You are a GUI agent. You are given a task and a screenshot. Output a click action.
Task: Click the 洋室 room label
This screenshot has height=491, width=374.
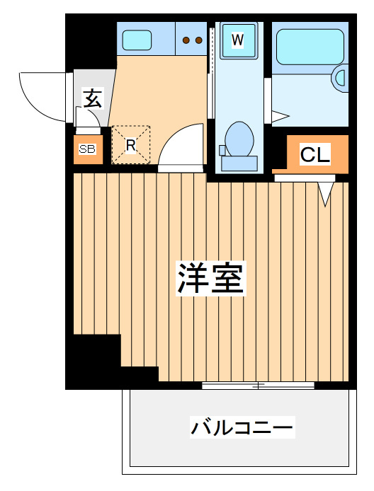(210, 278)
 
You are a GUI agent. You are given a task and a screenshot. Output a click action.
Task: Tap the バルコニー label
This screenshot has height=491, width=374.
(242, 427)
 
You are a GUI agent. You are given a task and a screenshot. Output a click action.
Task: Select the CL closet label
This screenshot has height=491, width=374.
(314, 154)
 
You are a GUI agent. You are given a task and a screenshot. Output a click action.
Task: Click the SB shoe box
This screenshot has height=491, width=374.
(88, 149)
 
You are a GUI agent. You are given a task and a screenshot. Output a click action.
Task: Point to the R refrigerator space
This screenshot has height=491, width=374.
(131, 144)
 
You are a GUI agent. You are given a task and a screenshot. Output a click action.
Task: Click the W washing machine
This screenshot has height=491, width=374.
(238, 40)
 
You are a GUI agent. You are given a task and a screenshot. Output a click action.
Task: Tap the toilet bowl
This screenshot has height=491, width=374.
(239, 139)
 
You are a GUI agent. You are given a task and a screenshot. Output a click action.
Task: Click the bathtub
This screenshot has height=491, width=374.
(310, 47)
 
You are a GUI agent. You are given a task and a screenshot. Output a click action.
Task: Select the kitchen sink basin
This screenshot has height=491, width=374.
(137, 40)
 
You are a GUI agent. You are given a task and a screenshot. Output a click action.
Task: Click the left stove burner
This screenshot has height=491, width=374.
(186, 40)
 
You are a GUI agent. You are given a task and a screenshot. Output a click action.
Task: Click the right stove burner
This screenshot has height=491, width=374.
(198, 40)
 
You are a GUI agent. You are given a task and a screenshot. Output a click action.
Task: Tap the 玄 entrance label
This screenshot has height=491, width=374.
(93, 98)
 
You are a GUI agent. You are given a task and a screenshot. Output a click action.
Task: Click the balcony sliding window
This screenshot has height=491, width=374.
(258, 386)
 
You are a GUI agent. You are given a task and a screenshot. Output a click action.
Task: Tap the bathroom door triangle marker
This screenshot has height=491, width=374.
(280, 117)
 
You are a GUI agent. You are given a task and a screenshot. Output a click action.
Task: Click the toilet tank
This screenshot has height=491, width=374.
(239, 163)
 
